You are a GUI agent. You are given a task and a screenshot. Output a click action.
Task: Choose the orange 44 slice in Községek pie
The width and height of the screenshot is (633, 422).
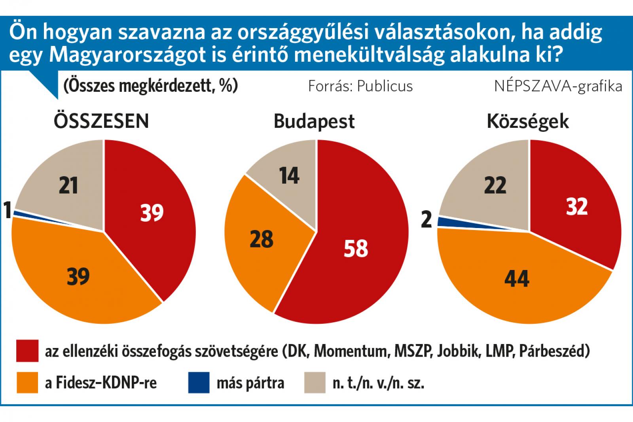[x=517, y=280]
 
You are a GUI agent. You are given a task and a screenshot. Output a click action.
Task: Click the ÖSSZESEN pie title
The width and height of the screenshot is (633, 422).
[x=101, y=122]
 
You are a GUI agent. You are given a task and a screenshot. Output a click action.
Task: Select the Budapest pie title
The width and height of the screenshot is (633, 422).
[x=314, y=122]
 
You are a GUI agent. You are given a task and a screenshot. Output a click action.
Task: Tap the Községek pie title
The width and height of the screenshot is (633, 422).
[x=528, y=122]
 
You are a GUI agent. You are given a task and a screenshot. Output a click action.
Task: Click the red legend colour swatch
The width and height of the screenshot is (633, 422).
[x=27, y=351]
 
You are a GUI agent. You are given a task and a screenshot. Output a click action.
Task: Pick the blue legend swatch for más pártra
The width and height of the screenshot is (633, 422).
[x=199, y=383]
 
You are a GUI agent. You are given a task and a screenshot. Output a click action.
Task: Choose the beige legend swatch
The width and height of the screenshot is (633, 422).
[x=315, y=383]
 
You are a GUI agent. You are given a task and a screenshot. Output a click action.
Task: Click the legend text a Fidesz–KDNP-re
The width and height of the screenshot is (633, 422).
[x=100, y=383]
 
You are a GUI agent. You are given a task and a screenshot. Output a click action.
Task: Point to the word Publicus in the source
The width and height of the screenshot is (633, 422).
[x=385, y=86]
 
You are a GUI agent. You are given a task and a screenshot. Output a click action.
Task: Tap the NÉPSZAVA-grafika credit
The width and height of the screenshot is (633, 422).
[x=558, y=87]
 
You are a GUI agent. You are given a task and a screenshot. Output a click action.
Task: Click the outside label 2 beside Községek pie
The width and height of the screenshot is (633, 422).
[x=426, y=219]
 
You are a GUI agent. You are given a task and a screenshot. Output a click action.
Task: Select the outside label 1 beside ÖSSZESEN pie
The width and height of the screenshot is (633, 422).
[x=8, y=210]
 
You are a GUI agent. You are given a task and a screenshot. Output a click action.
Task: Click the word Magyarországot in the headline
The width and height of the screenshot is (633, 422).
[x=127, y=55]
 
